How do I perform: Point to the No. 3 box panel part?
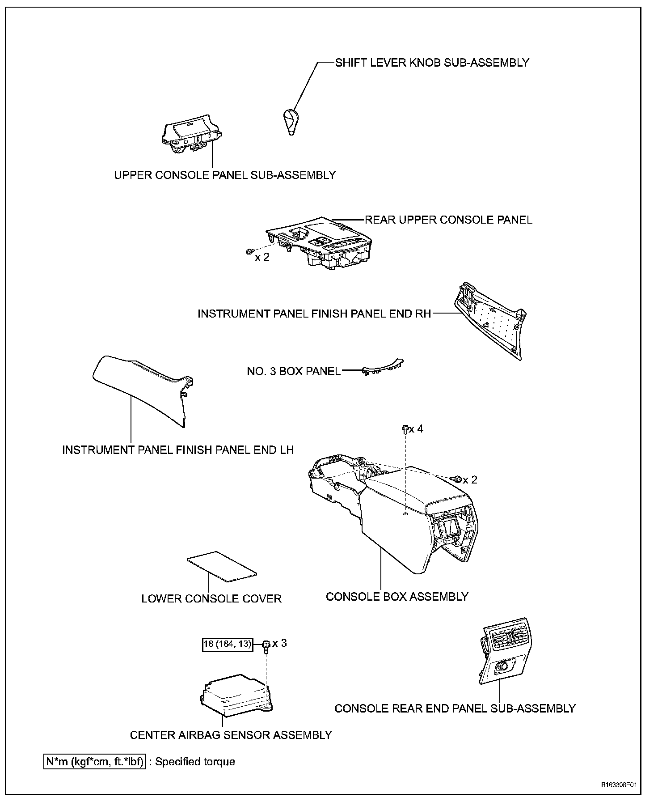[383, 366]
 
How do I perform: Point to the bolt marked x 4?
[405, 429]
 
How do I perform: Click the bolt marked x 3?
[266, 645]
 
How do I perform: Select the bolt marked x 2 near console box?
[457, 479]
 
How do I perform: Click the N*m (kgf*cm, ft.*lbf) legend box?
[94, 761]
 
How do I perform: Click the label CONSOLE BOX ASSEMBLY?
[397, 596]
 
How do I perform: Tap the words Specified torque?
[195, 761]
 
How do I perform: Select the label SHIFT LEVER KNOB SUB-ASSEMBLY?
[432, 63]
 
